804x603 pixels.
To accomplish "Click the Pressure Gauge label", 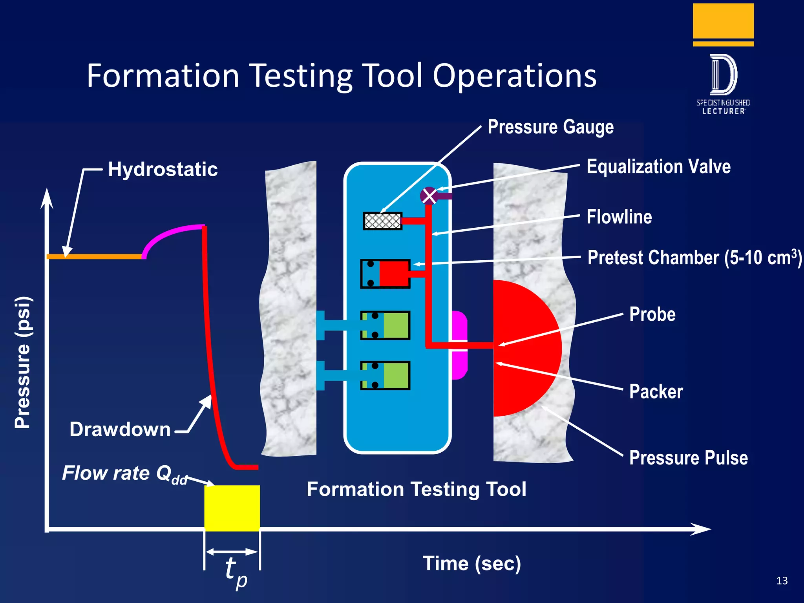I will pyautogui.click(x=550, y=127).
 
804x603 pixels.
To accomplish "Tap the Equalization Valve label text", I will pyautogui.click(x=658, y=166).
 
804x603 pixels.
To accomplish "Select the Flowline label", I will pyautogui.click(x=619, y=217).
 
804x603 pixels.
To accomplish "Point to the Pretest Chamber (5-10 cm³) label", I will pyautogui.click(x=694, y=258).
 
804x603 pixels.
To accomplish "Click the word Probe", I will pyautogui.click(x=652, y=314).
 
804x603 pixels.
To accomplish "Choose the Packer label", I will pyautogui.click(x=656, y=392).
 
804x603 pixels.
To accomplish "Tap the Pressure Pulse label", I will pyautogui.click(x=688, y=458).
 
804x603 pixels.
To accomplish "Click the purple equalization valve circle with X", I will pyautogui.click(x=429, y=196).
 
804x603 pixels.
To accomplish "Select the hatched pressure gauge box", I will pyautogui.click(x=382, y=221).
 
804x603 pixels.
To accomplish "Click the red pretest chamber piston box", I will pyautogui.click(x=394, y=274).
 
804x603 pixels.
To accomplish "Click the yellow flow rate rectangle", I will pyautogui.click(x=232, y=508).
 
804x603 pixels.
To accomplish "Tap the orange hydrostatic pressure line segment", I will pyautogui.click(x=94, y=256).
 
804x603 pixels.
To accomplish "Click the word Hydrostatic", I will pyautogui.click(x=163, y=170).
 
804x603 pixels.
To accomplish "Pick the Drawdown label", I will pyautogui.click(x=120, y=429).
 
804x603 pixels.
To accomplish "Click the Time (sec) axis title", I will pyautogui.click(x=471, y=564).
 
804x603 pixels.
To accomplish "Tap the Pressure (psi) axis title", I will pyautogui.click(x=22, y=362).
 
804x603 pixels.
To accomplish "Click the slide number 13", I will pyautogui.click(x=782, y=581).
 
